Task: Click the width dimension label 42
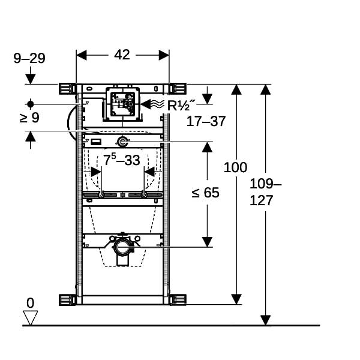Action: (122, 55)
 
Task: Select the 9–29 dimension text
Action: (29, 58)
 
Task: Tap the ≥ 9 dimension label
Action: (29, 118)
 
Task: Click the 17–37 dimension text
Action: (206, 121)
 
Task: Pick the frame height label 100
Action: (235, 167)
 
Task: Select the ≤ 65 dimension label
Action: (205, 193)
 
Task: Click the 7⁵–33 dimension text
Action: (121, 160)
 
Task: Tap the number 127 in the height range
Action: (261, 200)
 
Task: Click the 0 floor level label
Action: (31, 303)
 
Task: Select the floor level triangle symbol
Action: (31, 318)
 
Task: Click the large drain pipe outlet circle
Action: (122, 247)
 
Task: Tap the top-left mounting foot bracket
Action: (67, 89)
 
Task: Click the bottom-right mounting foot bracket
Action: (178, 299)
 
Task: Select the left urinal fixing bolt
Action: (101, 195)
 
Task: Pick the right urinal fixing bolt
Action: (144, 195)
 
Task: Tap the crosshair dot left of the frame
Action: (31, 104)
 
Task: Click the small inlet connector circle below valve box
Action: (122, 142)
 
